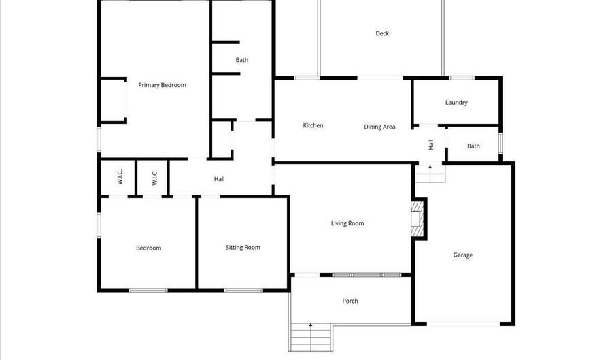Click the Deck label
click(382, 33)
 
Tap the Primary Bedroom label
click(162, 85)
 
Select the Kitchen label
click(313, 125)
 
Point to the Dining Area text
click(379, 127)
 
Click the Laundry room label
click(456, 103)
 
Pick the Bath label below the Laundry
click(473, 146)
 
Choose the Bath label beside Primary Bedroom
click(242, 60)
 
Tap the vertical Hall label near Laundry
click(431, 144)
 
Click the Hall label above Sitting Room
click(219, 179)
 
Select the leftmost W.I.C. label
click(119, 178)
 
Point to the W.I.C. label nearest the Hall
click(154, 178)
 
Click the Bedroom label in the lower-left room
click(148, 248)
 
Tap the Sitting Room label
click(243, 248)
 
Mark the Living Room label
click(347, 223)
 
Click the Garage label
click(463, 255)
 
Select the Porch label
click(350, 301)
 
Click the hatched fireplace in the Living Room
click(418, 219)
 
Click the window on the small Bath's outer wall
click(500, 144)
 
